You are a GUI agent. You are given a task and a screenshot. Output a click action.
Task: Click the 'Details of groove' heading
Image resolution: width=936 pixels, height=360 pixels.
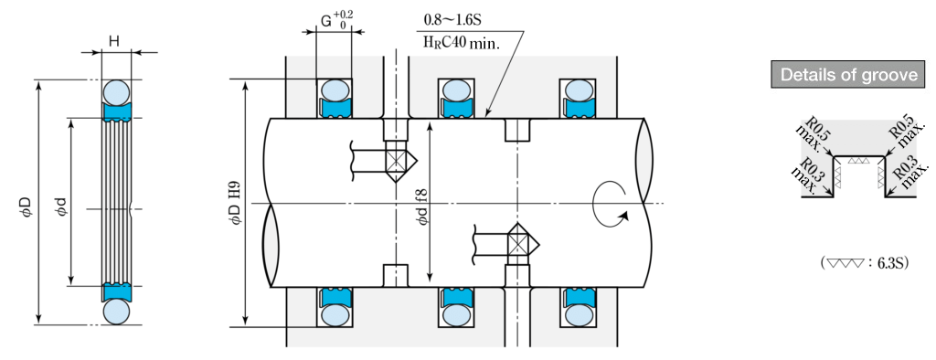point(849,75)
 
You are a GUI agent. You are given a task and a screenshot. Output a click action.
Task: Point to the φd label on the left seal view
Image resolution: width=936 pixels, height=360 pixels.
point(59,203)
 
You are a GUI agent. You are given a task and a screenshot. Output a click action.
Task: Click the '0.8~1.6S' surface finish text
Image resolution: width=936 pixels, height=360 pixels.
point(452,21)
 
